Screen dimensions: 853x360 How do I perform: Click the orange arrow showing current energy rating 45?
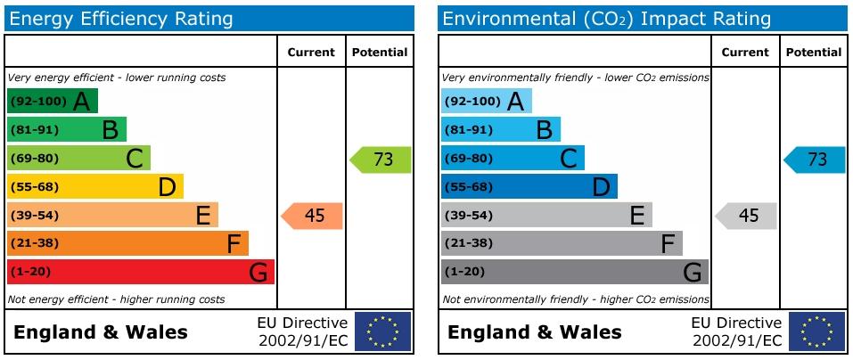click(x=312, y=216)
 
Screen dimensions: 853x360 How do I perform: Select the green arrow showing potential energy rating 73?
click(x=381, y=160)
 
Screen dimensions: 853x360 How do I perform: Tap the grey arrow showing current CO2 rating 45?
click(x=746, y=216)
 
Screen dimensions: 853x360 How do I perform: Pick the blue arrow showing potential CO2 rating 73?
click(x=815, y=160)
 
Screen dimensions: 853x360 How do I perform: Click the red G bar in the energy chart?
click(x=141, y=272)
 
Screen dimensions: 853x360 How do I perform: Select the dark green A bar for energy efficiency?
click(x=53, y=102)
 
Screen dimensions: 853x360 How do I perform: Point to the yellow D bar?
click(x=95, y=186)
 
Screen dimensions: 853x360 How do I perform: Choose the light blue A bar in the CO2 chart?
click(x=487, y=102)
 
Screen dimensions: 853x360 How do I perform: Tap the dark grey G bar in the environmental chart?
click(x=575, y=272)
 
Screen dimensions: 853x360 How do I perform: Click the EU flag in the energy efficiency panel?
click(x=383, y=331)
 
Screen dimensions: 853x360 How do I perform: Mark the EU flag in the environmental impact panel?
click(x=817, y=331)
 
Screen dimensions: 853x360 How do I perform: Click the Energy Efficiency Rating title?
click(x=121, y=19)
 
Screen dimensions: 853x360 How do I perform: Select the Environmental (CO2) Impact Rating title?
click(x=607, y=19)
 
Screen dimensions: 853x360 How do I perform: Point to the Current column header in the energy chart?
click(x=311, y=53)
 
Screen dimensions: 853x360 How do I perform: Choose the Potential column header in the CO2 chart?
click(x=814, y=53)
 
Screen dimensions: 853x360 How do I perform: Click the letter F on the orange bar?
click(x=234, y=244)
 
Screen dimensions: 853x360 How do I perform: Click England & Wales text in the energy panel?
click(x=101, y=331)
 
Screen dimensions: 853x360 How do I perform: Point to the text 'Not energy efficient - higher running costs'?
click(x=117, y=299)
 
